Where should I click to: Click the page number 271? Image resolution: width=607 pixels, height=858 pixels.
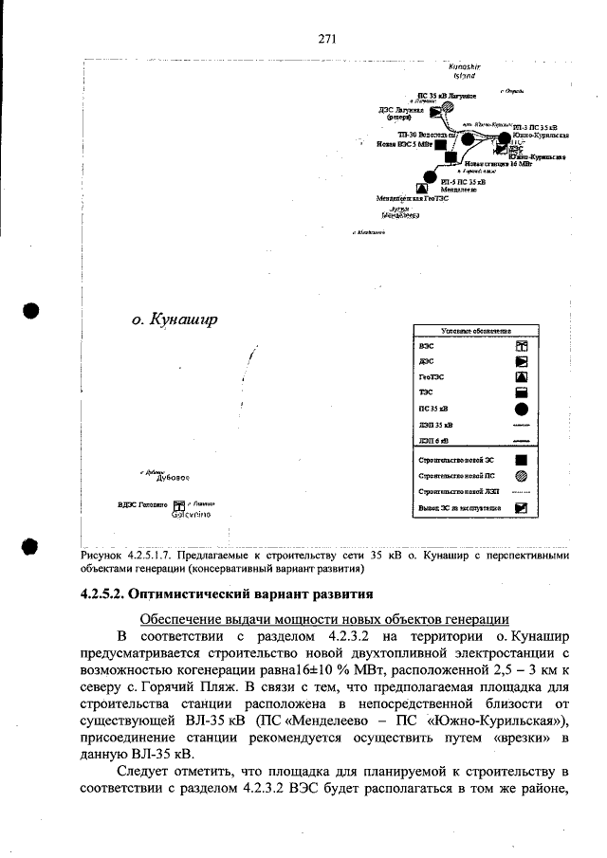[x=327, y=39]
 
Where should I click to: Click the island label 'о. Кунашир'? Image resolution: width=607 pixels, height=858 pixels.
[x=175, y=319]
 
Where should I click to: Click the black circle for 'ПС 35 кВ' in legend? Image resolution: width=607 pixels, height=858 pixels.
[x=521, y=410]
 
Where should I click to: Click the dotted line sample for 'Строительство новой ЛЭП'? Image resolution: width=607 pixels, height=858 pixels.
[x=521, y=492]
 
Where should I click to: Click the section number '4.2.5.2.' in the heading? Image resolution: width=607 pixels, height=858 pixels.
[x=101, y=594]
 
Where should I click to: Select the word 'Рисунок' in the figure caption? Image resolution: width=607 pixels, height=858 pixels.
[x=103, y=556]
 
